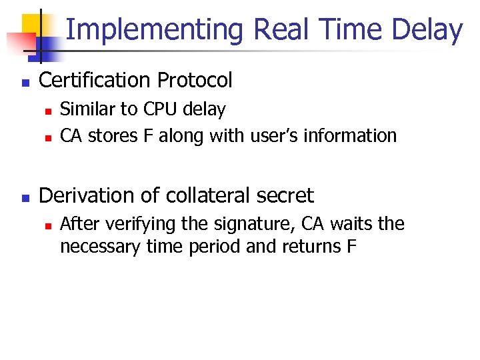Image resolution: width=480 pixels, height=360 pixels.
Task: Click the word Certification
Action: click(x=96, y=81)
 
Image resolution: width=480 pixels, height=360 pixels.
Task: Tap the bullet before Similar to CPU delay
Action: click(x=47, y=111)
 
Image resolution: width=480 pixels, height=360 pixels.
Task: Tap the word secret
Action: click(x=286, y=195)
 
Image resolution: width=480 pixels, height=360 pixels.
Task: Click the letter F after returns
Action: click(x=351, y=246)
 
